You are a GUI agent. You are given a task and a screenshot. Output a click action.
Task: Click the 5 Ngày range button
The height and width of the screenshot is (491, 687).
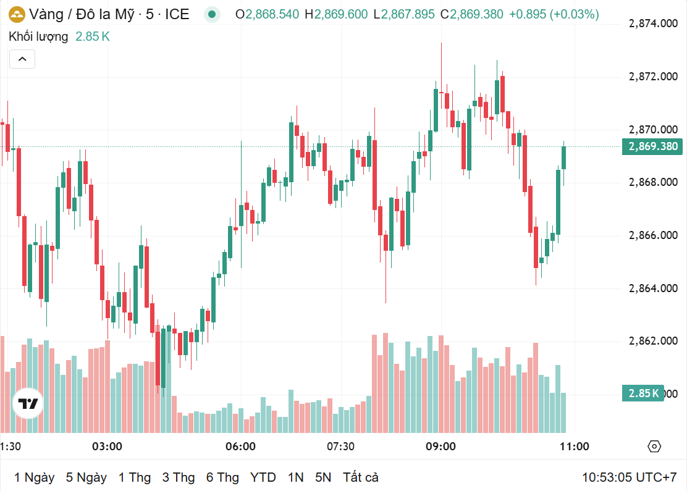pos(86,477)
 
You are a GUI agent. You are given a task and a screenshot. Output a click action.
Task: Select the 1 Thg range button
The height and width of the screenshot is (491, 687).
pos(135,477)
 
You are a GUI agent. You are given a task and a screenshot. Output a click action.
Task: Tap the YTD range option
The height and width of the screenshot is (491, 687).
pos(263,477)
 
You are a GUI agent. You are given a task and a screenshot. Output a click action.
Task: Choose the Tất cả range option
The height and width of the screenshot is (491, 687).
pos(361,477)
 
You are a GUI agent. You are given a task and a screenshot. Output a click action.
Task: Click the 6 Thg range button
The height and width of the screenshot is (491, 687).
pos(222,477)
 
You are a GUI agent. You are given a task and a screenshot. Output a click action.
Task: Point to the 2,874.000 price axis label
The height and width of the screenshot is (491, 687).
pos(652,23)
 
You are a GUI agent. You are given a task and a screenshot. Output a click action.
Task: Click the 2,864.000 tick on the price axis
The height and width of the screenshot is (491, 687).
pos(652,288)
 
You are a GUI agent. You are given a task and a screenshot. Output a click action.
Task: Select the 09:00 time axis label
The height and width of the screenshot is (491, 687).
pos(440,447)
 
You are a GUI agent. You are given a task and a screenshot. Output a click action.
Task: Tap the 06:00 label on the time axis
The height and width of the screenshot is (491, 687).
pos(241,447)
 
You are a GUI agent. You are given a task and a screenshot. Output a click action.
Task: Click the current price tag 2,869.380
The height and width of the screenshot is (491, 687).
pos(652,146)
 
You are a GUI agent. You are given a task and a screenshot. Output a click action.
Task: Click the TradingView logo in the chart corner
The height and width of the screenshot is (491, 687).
pos(28,404)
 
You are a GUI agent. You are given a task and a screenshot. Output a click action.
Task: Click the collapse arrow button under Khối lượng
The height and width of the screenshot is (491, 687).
pos(22,59)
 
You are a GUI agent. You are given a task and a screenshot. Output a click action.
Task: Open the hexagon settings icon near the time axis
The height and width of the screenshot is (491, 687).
pos(654,447)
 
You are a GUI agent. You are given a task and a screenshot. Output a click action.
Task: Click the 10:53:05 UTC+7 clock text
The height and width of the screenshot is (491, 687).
pos(629,477)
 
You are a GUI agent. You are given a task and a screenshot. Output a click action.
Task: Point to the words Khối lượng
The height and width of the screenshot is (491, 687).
pos(38,36)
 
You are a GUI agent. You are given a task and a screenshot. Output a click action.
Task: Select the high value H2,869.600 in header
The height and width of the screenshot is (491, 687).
pos(335,14)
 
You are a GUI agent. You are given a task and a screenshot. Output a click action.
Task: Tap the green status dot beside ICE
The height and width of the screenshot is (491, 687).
pos(213,14)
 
